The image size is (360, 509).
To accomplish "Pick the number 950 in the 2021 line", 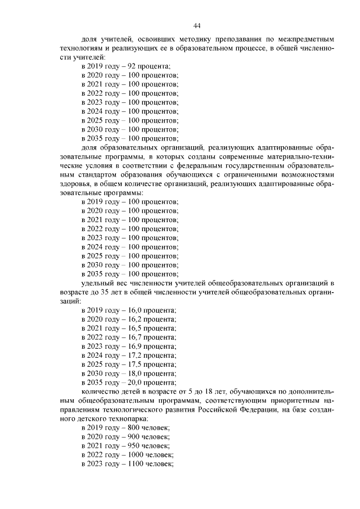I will point(135,446).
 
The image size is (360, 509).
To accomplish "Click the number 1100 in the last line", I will point(137,464).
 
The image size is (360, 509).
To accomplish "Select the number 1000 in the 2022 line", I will point(137,455).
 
